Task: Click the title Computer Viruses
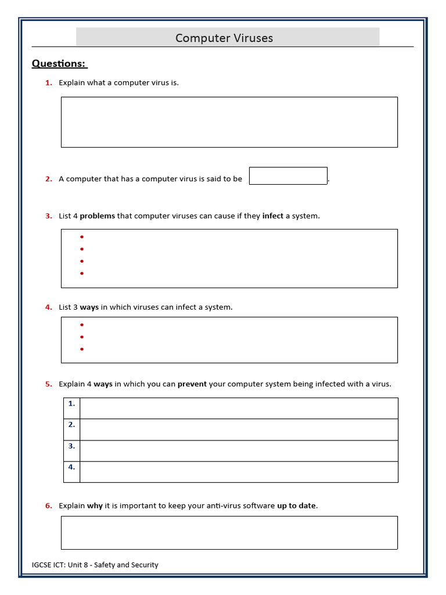point(224,38)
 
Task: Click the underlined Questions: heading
point(59,63)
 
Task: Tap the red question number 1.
point(49,83)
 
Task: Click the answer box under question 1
point(229,122)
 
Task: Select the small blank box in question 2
point(288,176)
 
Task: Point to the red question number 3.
point(49,216)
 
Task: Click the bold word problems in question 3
point(97,216)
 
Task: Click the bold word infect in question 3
point(272,216)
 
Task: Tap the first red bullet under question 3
point(82,237)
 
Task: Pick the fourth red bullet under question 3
point(82,273)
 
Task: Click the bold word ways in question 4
point(89,307)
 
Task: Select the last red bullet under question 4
point(82,349)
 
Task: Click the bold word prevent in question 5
point(192,384)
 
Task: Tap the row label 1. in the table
point(71,403)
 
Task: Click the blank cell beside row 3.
point(238,451)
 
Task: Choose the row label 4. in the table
point(71,467)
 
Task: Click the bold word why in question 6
point(95,506)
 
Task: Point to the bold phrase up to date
point(296,506)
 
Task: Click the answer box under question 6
point(229,532)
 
